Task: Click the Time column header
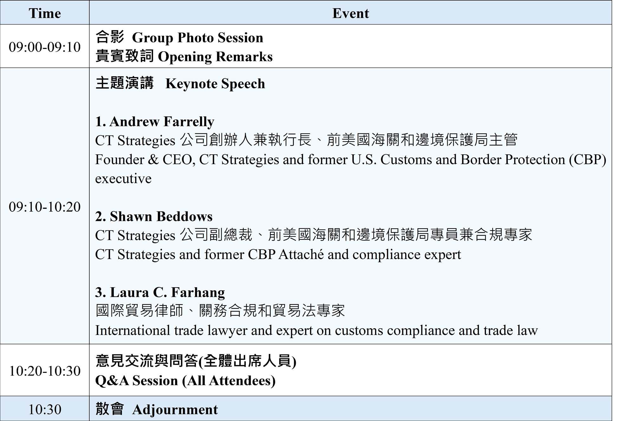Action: tap(45, 13)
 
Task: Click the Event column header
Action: tap(351, 13)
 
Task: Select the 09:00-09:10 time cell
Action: tap(45, 47)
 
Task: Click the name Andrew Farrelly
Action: tap(162, 122)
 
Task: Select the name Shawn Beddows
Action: tap(161, 217)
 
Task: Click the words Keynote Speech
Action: tap(215, 84)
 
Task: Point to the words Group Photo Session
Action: tap(197, 38)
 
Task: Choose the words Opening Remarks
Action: tap(215, 57)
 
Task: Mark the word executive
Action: tap(123, 179)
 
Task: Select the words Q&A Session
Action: tap(137, 381)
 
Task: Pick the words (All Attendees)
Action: tap(229, 381)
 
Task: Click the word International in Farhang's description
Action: tap(133, 331)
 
